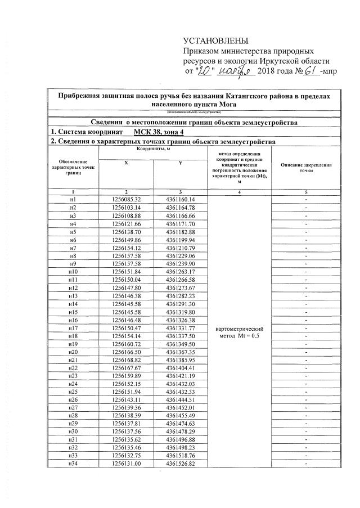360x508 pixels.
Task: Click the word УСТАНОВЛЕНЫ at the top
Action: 215,41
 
